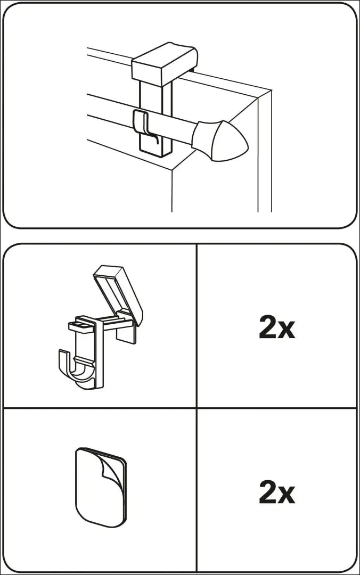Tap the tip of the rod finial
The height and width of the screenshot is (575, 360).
coord(248,147)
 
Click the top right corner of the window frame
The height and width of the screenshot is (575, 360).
coord(272,89)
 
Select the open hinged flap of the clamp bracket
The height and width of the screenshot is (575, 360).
coord(118,293)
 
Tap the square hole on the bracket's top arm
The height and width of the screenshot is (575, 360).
coord(82,325)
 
